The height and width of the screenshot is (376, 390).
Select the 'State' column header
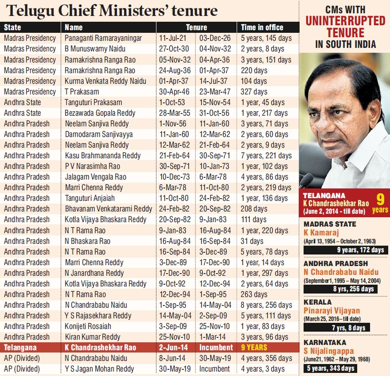tap(12, 27)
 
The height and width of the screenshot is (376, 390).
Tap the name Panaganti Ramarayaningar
tap(103, 38)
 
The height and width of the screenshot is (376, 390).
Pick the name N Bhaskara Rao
tap(87, 241)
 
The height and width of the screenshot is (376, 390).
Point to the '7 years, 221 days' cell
tap(266, 156)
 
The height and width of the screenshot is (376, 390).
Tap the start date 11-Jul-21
tap(172, 38)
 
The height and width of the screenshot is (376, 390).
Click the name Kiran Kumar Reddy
tap(92, 337)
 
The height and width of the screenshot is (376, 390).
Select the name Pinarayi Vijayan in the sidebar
tap(331, 311)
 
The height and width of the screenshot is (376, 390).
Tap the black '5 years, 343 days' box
tap(330, 368)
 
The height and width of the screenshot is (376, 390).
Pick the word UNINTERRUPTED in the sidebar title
tap(345, 20)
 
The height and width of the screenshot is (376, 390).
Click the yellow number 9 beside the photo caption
tap(379, 198)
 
